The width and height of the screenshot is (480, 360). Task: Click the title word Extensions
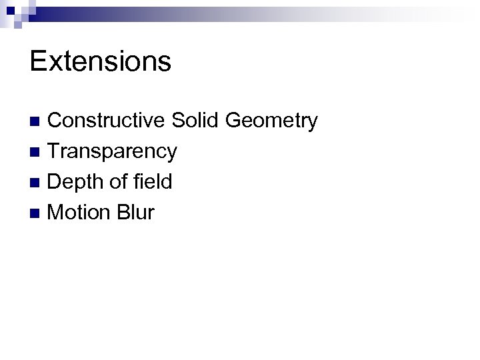coord(101,61)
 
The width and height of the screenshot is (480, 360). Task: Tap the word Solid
coord(195,121)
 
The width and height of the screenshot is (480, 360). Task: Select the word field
coord(152,182)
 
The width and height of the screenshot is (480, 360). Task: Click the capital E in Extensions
coord(38,61)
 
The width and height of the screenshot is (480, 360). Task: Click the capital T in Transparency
coord(55,151)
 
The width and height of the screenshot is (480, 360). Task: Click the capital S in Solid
coord(179,121)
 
